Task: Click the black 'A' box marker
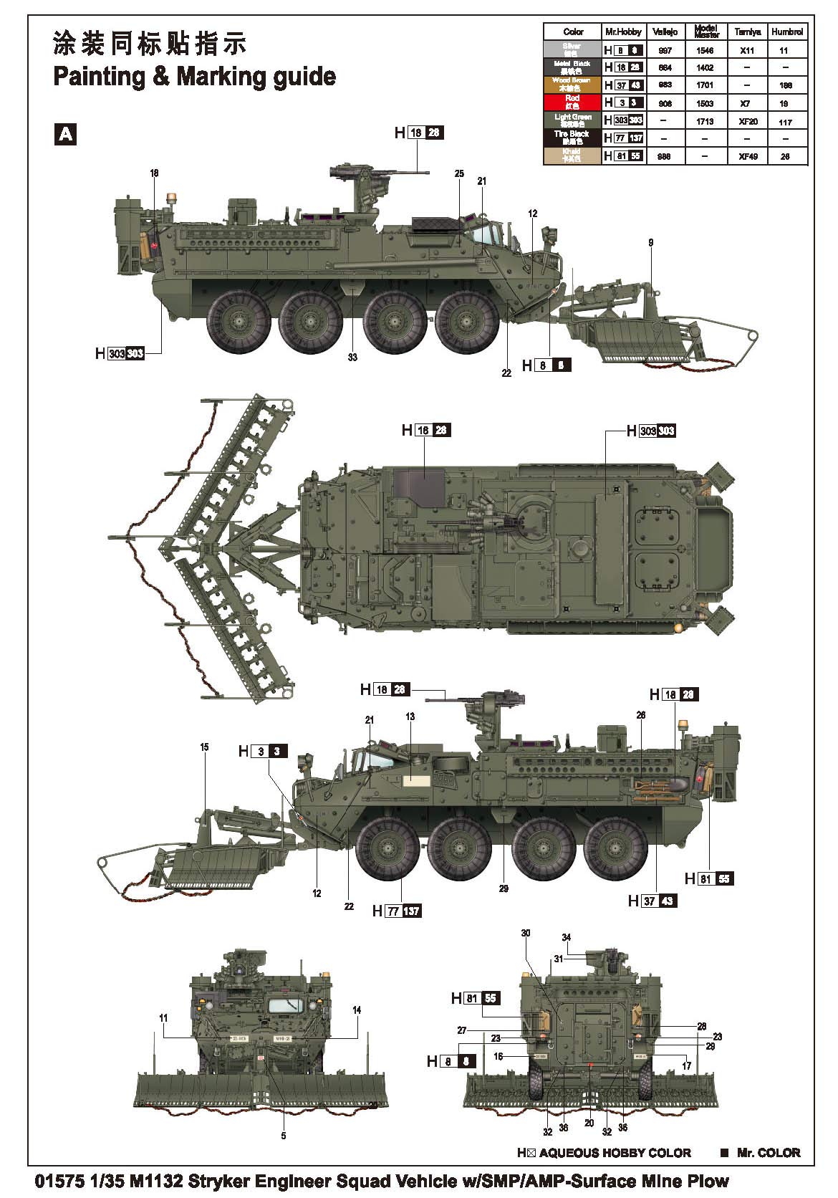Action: pyautogui.click(x=65, y=134)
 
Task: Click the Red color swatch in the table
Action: pyautogui.click(x=572, y=102)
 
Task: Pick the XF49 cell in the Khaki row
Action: pyautogui.click(x=747, y=156)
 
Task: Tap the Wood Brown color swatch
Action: pyautogui.click(x=572, y=85)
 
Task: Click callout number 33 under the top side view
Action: pyautogui.click(x=352, y=357)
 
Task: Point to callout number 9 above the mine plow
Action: pyautogui.click(x=650, y=244)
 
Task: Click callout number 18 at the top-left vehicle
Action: pyautogui.click(x=154, y=173)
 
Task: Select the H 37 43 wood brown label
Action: pyautogui.click(x=652, y=901)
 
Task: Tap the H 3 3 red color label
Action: pyautogui.click(x=262, y=752)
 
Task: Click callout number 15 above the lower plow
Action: pyautogui.click(x=205, y=747)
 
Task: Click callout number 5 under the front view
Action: pyautogui.click(x=284, y=1136)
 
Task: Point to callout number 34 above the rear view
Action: pyautogui.click(x=566, y=937)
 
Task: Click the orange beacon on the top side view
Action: pyautogui.click(x=171, y=196)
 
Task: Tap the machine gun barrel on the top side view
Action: pyautogui.click(x=401, y=171)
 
